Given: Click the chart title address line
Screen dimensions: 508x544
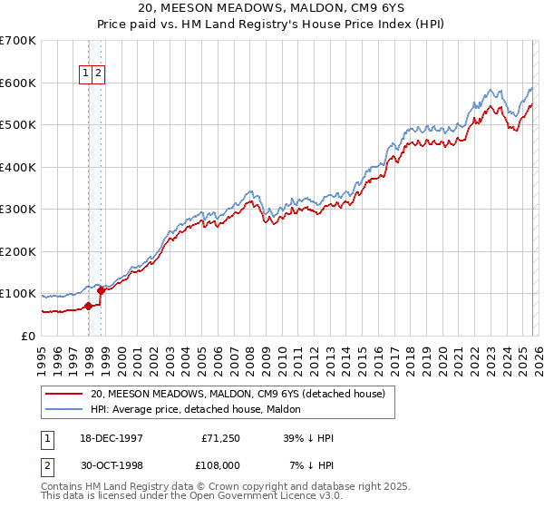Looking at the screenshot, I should click(x=272, y=8).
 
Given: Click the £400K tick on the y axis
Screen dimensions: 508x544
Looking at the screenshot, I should click(x=18, y=167).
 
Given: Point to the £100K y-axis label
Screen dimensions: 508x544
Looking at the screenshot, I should click(x=18, y=294).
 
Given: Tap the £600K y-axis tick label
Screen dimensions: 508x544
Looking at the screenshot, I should click(x=18, y=83).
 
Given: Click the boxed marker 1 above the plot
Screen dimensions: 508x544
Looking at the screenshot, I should click(x=86, y=73).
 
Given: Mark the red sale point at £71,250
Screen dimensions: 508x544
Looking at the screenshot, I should click(x=89, y=306).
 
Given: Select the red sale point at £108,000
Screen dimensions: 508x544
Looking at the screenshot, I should click(x=102, y=290).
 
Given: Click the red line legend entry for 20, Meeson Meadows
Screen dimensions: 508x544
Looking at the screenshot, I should click(x=238, y=394).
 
